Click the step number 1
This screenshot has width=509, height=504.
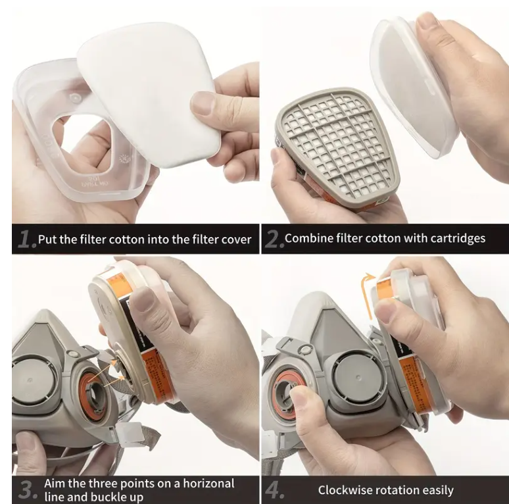coord(26,239)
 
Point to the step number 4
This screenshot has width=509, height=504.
coord(275,490)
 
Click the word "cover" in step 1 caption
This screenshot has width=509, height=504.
coord(236,239)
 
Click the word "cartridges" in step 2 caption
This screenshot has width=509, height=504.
coord(458,239)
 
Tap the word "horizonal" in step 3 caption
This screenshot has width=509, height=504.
coord(208,483)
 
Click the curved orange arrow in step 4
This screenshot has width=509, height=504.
coord(368,295)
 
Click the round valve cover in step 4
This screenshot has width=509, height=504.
coord(356,378)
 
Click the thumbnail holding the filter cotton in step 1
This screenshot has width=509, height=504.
coord(204,102)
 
